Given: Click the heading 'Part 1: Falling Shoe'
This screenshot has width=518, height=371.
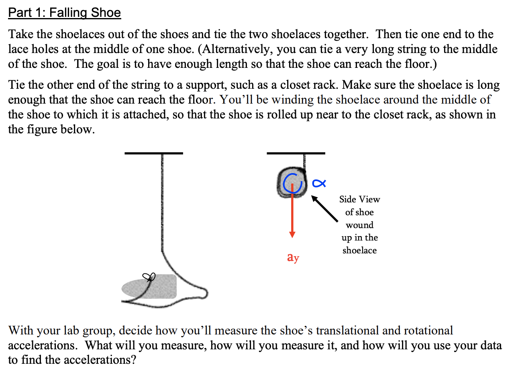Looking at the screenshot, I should click(64, 13).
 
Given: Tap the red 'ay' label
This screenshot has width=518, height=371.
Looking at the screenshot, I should click(293, 257).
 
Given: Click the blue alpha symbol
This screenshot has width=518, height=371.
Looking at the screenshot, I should click(318, 183).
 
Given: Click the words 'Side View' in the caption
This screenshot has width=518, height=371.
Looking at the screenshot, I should click(359, 199).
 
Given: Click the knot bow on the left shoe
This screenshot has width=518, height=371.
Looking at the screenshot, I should click(149, 277).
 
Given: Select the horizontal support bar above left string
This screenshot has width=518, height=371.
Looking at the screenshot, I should click(153, 153).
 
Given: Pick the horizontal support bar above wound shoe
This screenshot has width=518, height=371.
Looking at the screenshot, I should click(296, 153).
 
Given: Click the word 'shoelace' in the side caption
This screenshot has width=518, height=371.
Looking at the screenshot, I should click(359, 251).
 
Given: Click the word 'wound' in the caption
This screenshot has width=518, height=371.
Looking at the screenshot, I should click(359, 225).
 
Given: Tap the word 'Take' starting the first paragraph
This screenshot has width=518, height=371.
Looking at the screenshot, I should click(20, 35).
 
